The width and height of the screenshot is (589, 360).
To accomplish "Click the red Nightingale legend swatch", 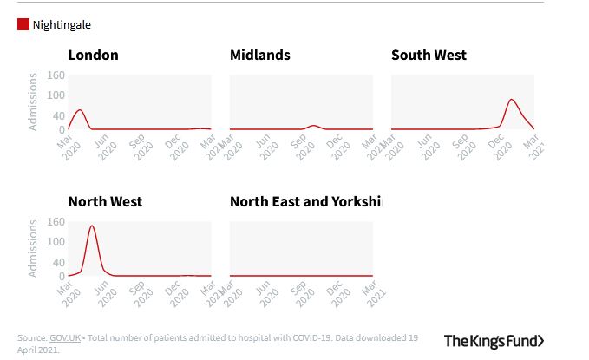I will click(x=23, y=25).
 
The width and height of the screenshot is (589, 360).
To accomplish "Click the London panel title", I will click(x=93, y=56).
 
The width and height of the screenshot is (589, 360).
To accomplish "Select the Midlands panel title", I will click(x=259, y=56).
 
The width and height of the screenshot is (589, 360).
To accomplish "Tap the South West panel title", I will click(x=429, y=56).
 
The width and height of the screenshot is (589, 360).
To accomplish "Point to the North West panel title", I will click(x=105, y=202).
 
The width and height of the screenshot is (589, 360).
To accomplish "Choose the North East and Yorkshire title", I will click(x=304, y=202).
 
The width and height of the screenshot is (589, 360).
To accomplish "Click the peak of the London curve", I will click(x=80, y=110).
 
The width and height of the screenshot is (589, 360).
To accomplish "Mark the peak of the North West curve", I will click(x=91, y=226).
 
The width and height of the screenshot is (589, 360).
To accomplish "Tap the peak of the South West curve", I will click(x=512, y=100).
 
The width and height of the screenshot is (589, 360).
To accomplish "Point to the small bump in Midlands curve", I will click(x=313, y=126).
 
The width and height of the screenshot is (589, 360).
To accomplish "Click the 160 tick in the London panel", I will click(x=56, y=75).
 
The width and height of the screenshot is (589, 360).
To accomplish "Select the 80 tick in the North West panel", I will click(x=59, y=248).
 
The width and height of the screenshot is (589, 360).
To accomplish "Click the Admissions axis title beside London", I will click(x=33, y=102).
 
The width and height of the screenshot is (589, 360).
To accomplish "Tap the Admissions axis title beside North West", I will click(x=33, y=249).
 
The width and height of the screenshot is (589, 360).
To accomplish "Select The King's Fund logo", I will click(x=494, y=340).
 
